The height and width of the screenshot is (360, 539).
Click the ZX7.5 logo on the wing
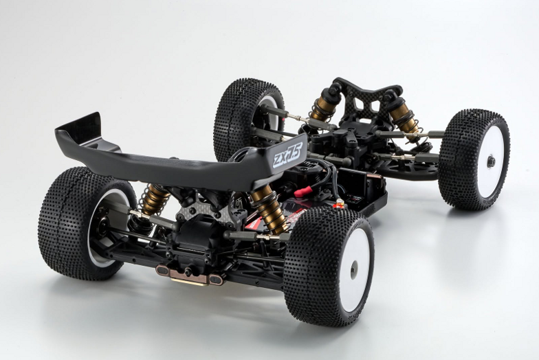pos(287,154)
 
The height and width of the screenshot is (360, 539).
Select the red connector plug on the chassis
pos(302,192)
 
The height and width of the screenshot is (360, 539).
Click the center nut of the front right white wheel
pos(491,161)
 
